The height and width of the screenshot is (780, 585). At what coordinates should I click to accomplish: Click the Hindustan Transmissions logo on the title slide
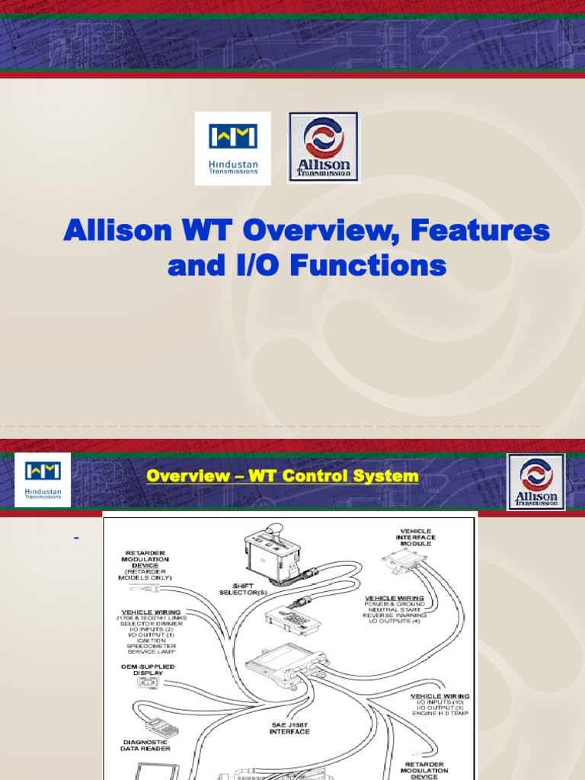pyautogui.click(x=232, y=148)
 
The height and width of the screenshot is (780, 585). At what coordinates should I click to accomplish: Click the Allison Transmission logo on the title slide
pyautogui.click(x=323, y=147)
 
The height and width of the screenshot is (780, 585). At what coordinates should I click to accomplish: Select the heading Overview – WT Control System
pyautogui.click(x=283, y=476)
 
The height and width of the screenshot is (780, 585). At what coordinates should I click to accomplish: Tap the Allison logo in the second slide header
pyautogui.click(x=536, y=481)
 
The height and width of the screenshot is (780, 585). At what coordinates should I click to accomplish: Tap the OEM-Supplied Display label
pyautogui.click(x=148, y=670)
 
